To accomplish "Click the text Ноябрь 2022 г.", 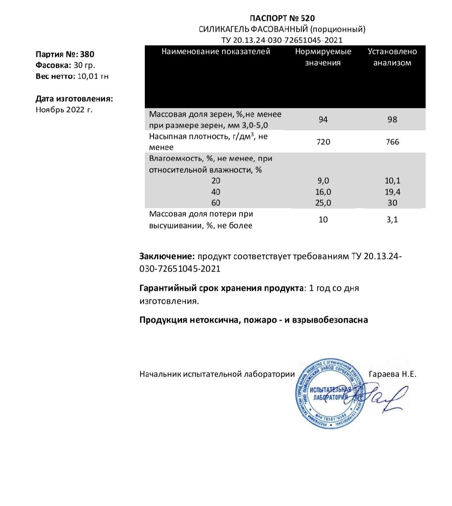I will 64,110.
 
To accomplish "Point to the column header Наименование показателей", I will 216,51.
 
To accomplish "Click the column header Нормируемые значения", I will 323,57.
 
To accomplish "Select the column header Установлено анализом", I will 392,57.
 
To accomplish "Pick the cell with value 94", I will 323,120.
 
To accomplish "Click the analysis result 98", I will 392,120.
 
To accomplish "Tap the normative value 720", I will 323,142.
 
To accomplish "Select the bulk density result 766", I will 392,142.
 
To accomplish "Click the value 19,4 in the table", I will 392,192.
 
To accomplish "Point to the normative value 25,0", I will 323,203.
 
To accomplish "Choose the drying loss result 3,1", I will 392,219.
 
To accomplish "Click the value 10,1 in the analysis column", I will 392,181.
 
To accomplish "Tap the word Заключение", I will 167,257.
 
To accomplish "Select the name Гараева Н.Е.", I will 393,374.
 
